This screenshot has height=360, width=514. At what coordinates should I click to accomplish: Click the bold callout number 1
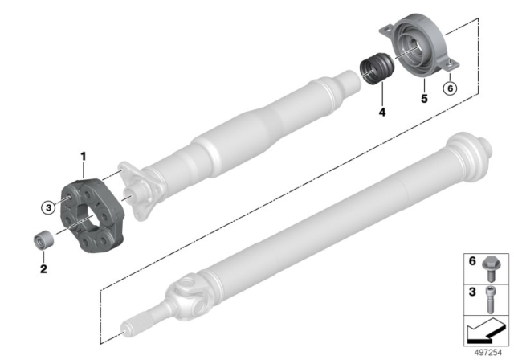click(84, 157)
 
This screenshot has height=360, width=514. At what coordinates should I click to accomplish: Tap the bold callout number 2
click(43, 269)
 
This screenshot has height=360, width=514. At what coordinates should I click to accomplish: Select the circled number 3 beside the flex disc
click(48, 207)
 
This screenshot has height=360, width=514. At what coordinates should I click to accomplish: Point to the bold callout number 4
click(382, 112)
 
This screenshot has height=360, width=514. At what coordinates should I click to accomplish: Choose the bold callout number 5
click(425, 98)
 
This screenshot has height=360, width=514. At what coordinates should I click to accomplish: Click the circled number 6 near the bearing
click(450, 88)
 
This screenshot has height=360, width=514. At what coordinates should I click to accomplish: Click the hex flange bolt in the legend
click(489, 269)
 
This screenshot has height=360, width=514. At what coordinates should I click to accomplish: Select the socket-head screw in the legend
click(491, 300)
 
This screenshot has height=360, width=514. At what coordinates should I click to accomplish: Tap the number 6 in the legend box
click(472, 261)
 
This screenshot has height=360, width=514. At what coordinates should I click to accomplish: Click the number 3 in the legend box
click(472, 292)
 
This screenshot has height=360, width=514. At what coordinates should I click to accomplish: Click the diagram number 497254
click(488, 353)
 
